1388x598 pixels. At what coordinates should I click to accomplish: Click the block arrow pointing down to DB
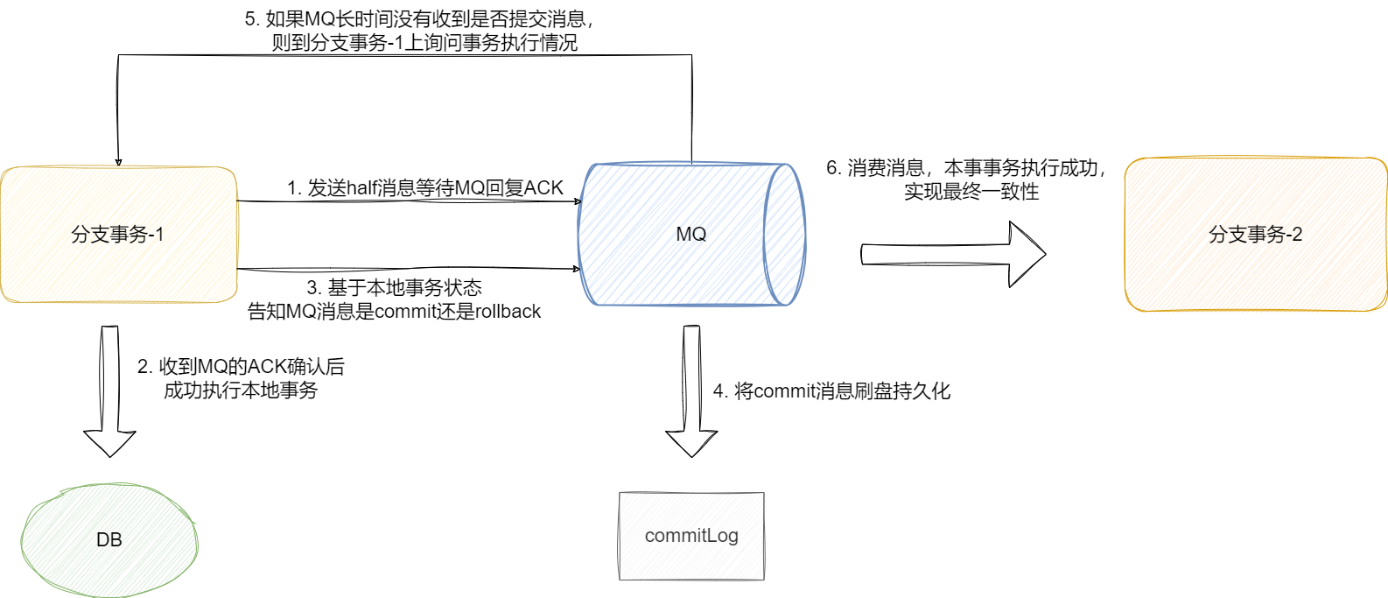(109, 394)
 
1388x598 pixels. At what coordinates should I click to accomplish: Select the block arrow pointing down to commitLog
(691, 394)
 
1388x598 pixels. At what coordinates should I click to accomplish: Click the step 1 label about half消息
(425, 188)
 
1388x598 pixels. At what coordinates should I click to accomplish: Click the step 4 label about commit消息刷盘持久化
(831, 391)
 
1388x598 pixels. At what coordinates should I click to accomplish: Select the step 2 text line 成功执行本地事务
(241, 390)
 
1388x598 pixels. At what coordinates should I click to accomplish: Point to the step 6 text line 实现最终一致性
(971, 192)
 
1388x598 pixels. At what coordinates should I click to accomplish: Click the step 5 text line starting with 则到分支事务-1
(424, 43)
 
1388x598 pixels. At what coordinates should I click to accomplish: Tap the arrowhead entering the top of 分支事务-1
(118, 162)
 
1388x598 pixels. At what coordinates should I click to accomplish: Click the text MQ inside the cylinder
(691, 235)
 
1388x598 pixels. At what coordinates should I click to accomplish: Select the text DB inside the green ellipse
(109, 540)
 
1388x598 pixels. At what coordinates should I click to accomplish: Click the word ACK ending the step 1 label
(543, 188)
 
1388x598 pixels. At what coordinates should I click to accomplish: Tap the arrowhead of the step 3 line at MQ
(577, 269)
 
